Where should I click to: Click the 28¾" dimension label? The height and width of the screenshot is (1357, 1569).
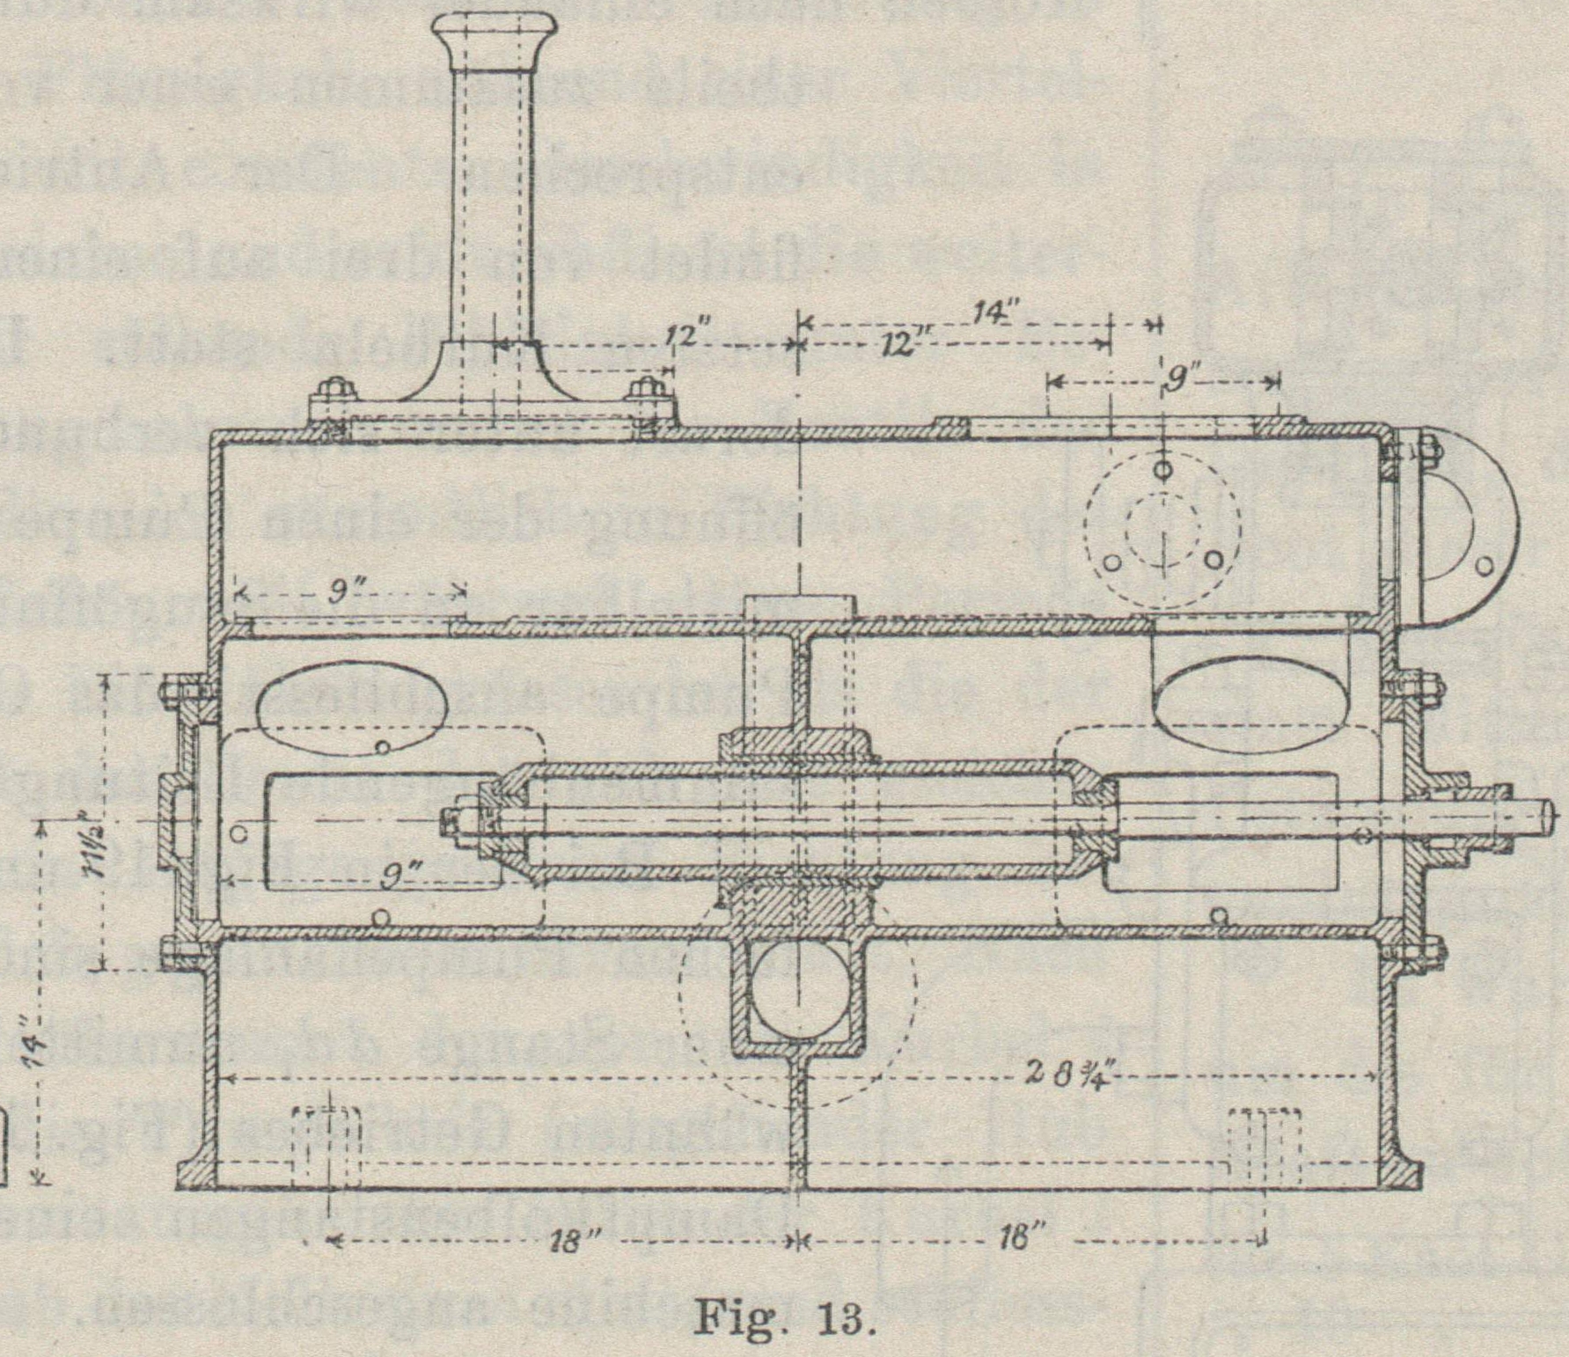(x=1066, y=1075)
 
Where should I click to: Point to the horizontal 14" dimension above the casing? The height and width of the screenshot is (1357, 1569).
(x=997, y=312)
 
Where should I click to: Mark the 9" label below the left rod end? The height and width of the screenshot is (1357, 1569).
(x=404, y=877)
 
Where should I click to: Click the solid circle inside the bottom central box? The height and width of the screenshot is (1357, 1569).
(x=797, y=1001)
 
